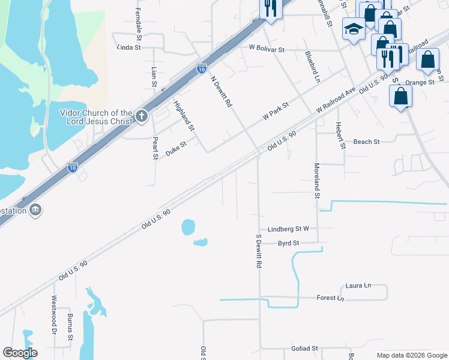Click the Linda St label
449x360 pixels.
pos(128,47)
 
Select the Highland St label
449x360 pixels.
pos(184,116)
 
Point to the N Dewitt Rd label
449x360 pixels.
pos(220,91)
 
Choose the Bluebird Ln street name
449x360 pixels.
pos(312,67)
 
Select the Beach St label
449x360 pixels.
pos(366,142)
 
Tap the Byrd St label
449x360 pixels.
pos(288,243)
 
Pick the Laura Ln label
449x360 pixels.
pos(358,286)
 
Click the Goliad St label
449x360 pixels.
pos(305,348)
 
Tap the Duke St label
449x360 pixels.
pos(176,148)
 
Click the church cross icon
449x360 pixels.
pos(141,116)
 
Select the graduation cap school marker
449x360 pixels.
pos(354,28)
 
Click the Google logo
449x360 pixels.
pos(20,353)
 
